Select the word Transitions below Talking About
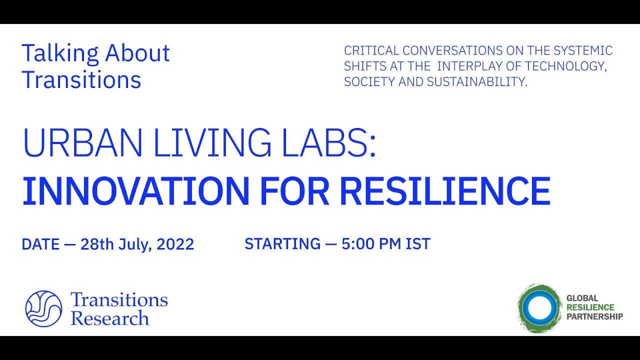pos(81,80)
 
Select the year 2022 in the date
pos(175,244)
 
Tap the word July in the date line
pos(134,244)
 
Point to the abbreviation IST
pos(418,244)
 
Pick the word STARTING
pos(282,244)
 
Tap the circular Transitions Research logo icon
pos(43,308)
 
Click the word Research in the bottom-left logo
pos(110,318)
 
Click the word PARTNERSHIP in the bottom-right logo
pos(594,316)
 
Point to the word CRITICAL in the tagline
pos(371,50)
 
